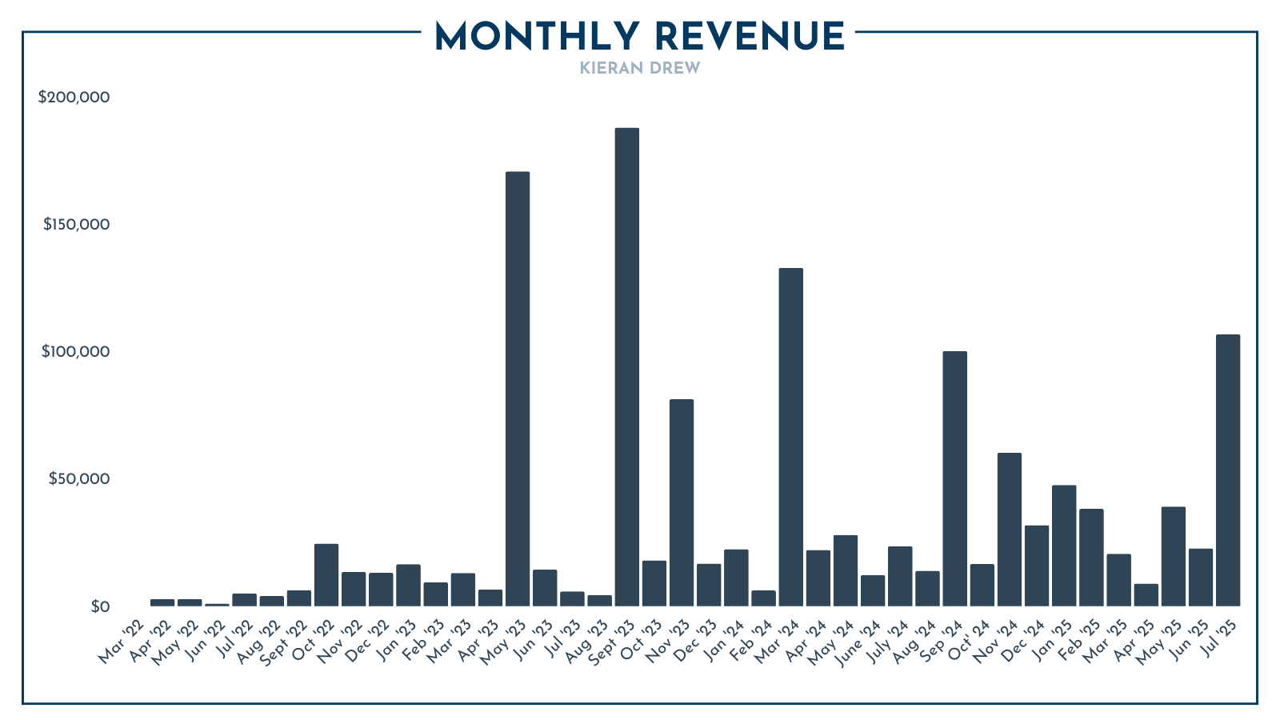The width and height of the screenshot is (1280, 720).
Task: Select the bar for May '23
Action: point(518,389)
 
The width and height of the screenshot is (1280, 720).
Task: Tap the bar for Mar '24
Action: point(790,437)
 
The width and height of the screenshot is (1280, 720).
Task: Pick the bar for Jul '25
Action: point(1227,470)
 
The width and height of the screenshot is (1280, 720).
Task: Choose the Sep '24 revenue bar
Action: point(954,478)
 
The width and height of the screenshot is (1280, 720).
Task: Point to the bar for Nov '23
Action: point(682,502)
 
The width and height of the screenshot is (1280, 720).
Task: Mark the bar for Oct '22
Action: point(326,574)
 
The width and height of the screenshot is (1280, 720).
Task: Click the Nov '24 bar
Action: point(1009,530)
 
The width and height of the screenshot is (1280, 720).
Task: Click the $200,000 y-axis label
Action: point(74,98)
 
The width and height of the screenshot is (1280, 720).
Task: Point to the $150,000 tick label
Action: point(76,225)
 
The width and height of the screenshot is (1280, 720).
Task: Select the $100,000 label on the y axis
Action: point(75,352)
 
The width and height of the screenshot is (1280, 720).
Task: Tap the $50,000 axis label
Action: point(78,479)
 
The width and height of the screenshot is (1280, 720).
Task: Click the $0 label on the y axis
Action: point(99,606)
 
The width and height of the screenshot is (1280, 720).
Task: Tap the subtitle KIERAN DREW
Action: point(640,68)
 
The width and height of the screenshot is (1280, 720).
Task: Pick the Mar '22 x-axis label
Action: point(122,642)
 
